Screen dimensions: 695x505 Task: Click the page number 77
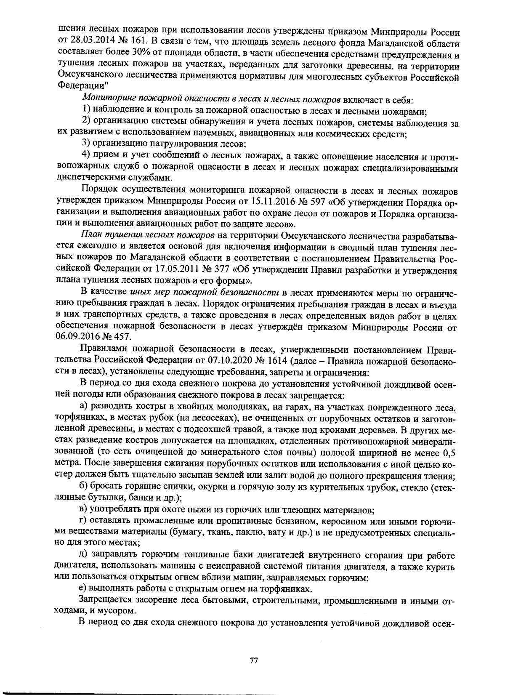pos(253,660)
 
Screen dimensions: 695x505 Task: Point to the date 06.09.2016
pos(74,337)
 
